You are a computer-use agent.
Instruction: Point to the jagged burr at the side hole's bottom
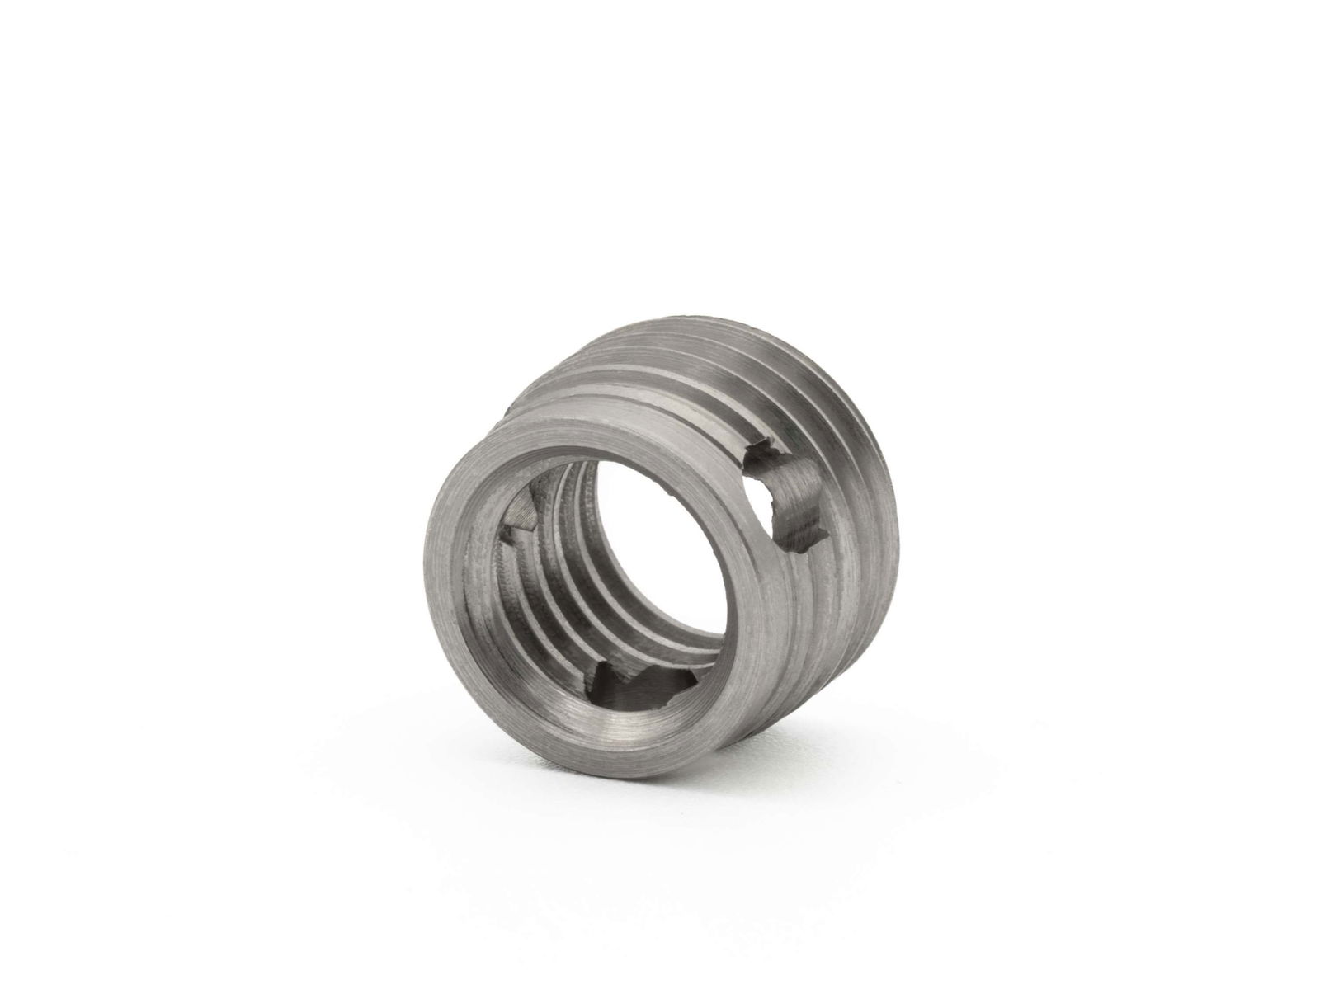[x=796, y=544]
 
